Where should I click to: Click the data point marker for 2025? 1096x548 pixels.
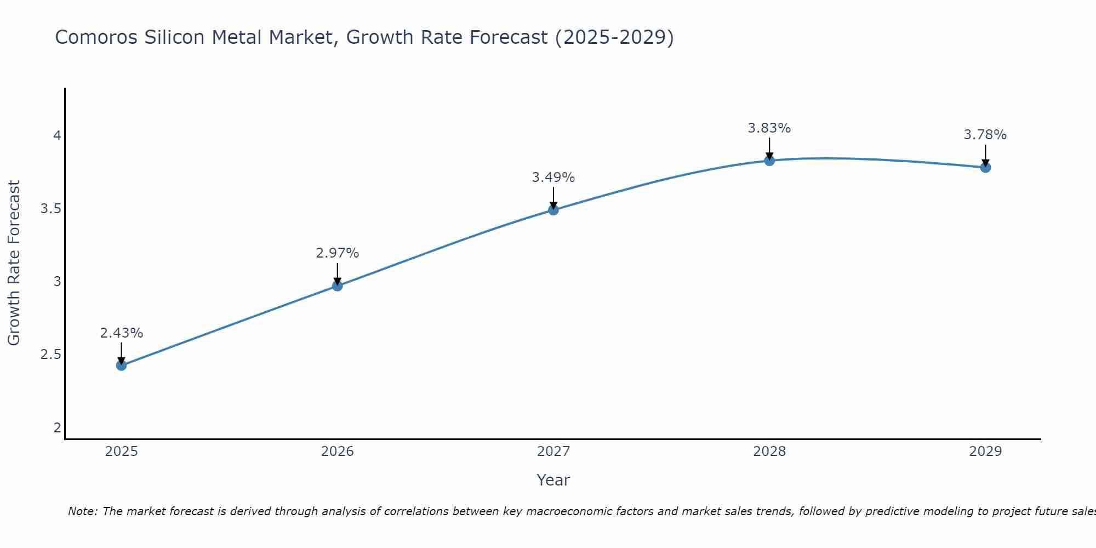click(x=122, y=366)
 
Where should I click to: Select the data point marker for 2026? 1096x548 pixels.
click(x=338, y=286)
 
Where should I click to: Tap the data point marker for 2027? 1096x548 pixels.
click(x=553, y=210)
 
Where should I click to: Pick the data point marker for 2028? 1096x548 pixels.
click(x=769, y=161)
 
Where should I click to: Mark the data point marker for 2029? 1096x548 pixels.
click(x=985, y=168)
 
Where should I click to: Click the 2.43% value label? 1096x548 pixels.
click(x=122, y=333)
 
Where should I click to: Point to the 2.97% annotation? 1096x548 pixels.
click(x=338, y=253)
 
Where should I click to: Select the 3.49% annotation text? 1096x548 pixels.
click(x=553, y=178)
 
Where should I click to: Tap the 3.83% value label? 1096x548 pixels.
click(x=769, y=128)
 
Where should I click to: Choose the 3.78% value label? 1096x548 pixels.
click(x=985, y=135)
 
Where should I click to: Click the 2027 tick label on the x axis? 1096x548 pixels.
click(x=553, y=452)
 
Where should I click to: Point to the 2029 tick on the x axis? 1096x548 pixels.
click(x=985, y=452)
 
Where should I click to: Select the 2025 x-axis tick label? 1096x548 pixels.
click(x=122, y=452)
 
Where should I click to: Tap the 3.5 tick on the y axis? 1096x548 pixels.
click(x=50, y=209)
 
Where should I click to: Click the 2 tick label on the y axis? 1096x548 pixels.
click(x=57, y=427)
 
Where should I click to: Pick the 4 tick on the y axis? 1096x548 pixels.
click(x=57, y=135)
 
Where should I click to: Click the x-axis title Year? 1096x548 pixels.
click(x=553, y=480)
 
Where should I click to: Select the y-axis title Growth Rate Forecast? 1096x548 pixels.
click(x=14, y=263)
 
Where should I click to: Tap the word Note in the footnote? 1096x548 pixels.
click(x=82, y=511)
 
